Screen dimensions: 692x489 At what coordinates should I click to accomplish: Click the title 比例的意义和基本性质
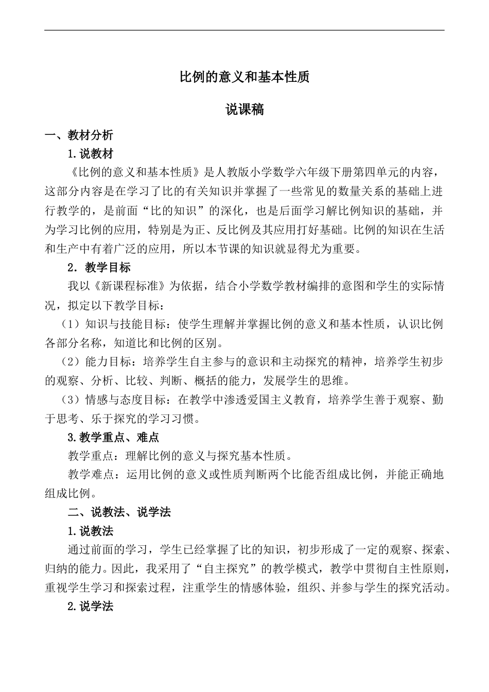point(244,77)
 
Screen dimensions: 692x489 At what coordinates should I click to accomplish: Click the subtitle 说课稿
point(244,110)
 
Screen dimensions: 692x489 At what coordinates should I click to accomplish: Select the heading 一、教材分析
point(79,135)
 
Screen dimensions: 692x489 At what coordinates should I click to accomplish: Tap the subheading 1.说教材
point(91,154)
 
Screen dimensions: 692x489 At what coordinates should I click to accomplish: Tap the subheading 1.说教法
point(91,531)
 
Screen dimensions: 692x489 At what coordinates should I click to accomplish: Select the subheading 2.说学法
point(91,607)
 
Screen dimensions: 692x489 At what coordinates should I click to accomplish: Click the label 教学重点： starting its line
point(96,456)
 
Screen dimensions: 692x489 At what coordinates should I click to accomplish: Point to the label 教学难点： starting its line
point(96,475)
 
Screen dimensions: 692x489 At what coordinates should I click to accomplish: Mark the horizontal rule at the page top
point(244,30)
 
